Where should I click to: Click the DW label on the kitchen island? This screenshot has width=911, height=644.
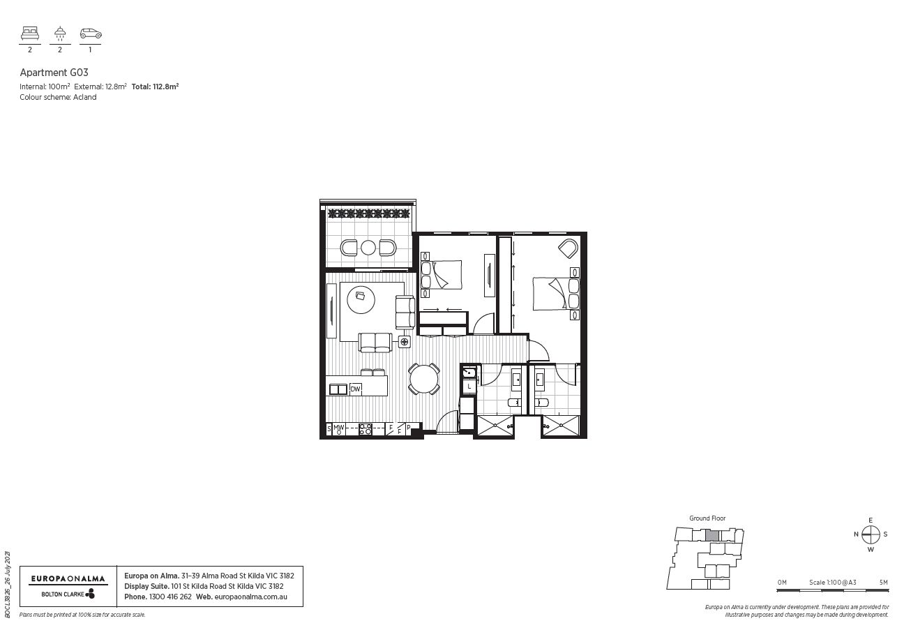[x=356, y=389]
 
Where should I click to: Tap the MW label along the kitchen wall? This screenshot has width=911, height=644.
[x=338, y=428]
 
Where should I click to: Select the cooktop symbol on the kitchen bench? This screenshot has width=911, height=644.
[x=365, y=430]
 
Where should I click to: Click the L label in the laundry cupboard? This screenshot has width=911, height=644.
[x=469, y=387]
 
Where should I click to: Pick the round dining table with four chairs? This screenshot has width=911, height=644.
[x=424, y=379]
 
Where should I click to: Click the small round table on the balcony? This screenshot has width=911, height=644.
[x=368, y=248]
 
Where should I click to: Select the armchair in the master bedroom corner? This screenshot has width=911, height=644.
[x=569, y=248]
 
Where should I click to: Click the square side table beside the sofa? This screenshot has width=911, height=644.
[x=404, y=341]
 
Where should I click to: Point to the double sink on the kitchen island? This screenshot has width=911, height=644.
[x=338, y=389]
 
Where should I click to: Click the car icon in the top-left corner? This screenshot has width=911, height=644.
[x=91, y=33]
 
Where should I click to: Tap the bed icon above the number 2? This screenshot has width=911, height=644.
[x=30, y=33]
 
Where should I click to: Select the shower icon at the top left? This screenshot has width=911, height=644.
[x=60, y=33]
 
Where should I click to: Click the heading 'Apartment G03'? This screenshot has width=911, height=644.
[x=54, y=73]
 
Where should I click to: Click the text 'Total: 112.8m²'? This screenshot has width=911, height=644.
[x=155, y=87]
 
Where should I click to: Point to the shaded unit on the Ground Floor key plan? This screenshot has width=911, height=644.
[x=712, y=536]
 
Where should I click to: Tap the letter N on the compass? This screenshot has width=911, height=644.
[x=856, y=534]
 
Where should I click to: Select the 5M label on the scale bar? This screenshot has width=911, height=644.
[x=883, y=582]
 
